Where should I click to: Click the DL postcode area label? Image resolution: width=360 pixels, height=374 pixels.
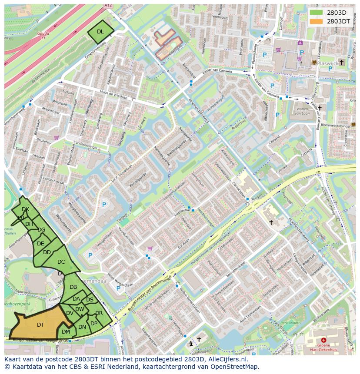point(100,31)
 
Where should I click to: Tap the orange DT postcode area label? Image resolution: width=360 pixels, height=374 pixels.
point(40,324)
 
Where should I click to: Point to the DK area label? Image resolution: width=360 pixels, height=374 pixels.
point(25,209)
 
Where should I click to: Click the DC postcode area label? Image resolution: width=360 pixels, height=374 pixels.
point(61,261)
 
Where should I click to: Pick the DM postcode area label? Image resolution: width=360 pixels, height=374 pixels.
point(66,331)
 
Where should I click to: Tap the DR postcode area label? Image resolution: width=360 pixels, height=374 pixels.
point(99,313)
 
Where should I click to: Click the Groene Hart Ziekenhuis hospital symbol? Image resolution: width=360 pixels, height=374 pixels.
point(323,340)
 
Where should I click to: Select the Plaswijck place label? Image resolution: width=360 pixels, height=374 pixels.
point(329,63)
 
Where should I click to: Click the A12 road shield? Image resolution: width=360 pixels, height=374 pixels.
point(108,6)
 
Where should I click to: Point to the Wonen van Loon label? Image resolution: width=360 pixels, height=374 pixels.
point(303,111)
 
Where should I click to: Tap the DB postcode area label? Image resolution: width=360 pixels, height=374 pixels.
point(73,287)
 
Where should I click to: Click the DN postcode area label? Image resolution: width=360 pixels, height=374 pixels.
point(82,327)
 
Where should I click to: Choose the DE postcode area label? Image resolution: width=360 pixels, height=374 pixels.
point(40,244)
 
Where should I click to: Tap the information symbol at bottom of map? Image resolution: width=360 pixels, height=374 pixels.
point(191,343)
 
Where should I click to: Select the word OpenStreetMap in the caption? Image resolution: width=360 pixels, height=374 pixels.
point(237,367)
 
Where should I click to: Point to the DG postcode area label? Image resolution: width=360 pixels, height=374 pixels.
point(41,230)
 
